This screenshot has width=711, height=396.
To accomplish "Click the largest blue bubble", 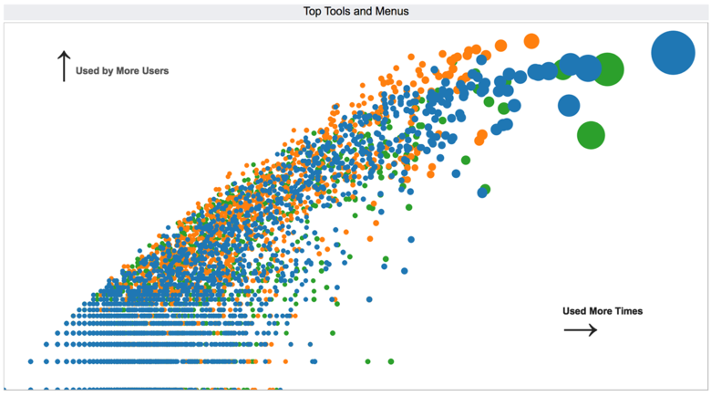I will (x=674, y=53).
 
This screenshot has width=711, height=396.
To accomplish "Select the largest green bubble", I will (x=607, y=68).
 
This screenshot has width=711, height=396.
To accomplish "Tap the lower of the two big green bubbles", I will (x=591, y=135).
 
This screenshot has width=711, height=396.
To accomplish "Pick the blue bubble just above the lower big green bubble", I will (x=569, y=105).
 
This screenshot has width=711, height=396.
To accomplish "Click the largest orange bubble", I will (x=531, y=40).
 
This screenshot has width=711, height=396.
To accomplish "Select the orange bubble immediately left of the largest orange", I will (x=500, y=45).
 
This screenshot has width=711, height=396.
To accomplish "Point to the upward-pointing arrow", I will (x=64, y=66).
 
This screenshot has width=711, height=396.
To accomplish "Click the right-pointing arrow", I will (x=581, y=329).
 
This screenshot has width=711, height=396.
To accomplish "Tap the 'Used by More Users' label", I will (x=122, y=70).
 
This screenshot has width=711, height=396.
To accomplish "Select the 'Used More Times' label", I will (x=603, y=311).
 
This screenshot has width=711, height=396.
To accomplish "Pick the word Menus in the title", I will (x=393, y=11).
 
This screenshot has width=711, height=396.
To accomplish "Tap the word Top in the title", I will (x=314, y=11).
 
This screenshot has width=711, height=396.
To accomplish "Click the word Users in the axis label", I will (x=155, y=70).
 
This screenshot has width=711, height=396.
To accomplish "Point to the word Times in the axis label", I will (x=628, y=311).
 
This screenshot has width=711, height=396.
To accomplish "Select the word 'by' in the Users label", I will (x=107, y=70).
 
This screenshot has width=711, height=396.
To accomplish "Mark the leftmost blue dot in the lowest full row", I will (x=31, y=361).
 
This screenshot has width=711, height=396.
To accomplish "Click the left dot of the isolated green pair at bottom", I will (x=368, y=361).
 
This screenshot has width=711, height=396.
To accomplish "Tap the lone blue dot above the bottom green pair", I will (x=370, y=299).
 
